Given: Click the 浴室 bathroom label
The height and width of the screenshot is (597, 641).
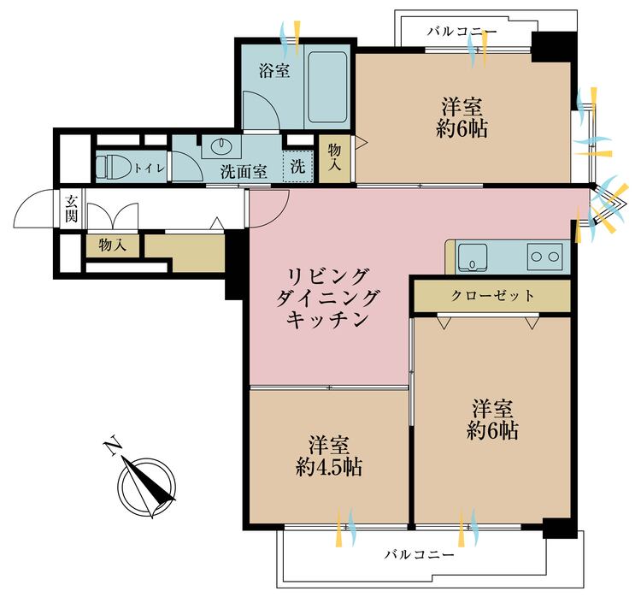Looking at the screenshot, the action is [273, 71].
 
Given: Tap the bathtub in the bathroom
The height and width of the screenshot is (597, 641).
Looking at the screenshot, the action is [327, 86].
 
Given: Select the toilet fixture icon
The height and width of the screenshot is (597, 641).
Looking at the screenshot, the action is [112, 167].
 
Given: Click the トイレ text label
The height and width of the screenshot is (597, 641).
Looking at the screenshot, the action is [150, 168].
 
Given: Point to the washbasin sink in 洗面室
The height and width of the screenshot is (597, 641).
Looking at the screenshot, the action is [222, 145].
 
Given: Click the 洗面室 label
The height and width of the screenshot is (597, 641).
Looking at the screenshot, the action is [244, 171].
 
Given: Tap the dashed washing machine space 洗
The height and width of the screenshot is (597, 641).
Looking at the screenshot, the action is [298, 167].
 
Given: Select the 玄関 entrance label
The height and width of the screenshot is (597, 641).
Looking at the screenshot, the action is [71, 209].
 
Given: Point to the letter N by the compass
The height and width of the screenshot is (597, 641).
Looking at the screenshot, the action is [112, 446].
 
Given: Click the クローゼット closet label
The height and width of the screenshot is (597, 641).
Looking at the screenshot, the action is [492, 295].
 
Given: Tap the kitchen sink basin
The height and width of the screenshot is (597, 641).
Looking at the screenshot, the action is [473, 257].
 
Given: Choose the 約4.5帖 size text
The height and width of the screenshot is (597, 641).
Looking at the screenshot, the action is [329, 467].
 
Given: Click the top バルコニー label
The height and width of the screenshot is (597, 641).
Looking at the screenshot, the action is [462, 31].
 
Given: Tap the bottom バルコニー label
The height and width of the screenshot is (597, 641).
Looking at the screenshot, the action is [419, 554].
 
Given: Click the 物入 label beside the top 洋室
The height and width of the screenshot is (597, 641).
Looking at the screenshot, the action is [335, 157].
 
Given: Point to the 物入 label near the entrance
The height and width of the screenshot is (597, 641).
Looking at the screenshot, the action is [112, 245].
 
